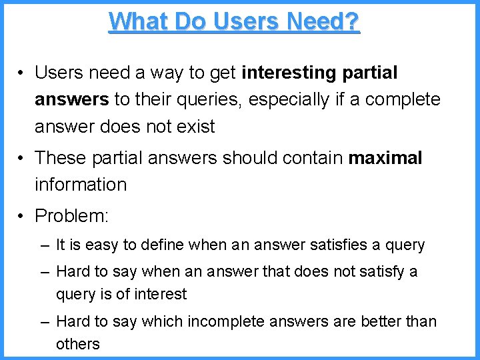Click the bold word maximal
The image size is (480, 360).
coord(385,158)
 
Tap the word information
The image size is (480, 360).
coord(81,185)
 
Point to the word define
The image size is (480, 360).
coord(161,245)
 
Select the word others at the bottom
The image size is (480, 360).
coord(77,344)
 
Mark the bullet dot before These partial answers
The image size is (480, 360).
coord(22,158)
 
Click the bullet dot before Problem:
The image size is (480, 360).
coord(22,216)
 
